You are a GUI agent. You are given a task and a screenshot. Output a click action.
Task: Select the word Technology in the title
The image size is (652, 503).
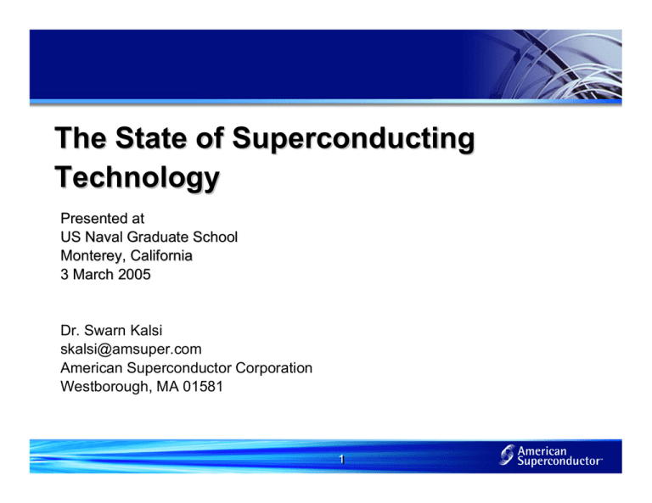[x=137, y=179]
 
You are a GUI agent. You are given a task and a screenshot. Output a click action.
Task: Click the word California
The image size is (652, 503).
[x=162, y=255]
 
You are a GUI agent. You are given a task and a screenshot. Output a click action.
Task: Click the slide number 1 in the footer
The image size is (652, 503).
[x=339, y=459]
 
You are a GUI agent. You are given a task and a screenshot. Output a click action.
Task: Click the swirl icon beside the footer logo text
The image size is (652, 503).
[x=507, y=458]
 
